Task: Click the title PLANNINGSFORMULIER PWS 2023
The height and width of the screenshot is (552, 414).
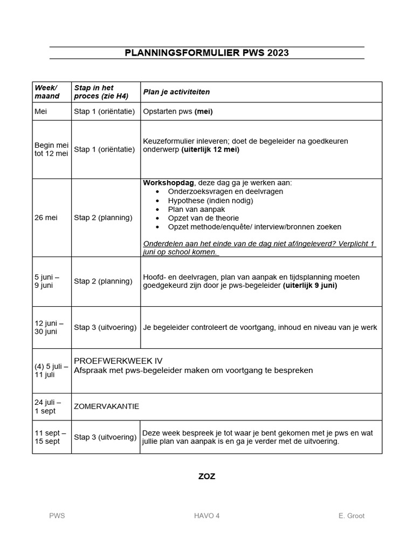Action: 206,53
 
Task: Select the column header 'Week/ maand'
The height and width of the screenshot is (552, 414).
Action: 46,92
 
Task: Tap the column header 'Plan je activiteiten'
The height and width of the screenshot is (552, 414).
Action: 176,92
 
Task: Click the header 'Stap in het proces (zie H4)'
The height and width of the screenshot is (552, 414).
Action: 101,92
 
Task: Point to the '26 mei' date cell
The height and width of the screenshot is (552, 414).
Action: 46,218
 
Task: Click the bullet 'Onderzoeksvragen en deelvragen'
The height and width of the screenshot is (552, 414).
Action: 225,191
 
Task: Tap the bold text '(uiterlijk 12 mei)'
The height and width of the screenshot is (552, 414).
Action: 210,150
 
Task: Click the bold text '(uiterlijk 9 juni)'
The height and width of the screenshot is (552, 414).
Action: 310,286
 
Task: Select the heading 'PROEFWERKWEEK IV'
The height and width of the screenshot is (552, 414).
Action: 118,361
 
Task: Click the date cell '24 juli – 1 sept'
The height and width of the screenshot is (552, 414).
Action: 48,406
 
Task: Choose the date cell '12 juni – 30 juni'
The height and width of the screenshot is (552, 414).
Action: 49,327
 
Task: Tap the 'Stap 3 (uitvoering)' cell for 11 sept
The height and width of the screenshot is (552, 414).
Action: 105,437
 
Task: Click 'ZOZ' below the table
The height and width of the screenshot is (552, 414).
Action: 206,477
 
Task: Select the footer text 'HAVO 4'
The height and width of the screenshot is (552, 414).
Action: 207,516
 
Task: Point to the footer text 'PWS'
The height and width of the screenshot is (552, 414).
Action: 57,516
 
